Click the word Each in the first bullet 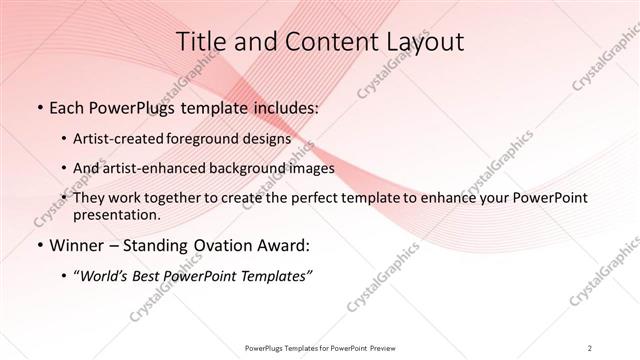(x=66, y=105)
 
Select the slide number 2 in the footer (x=590, y=347)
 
